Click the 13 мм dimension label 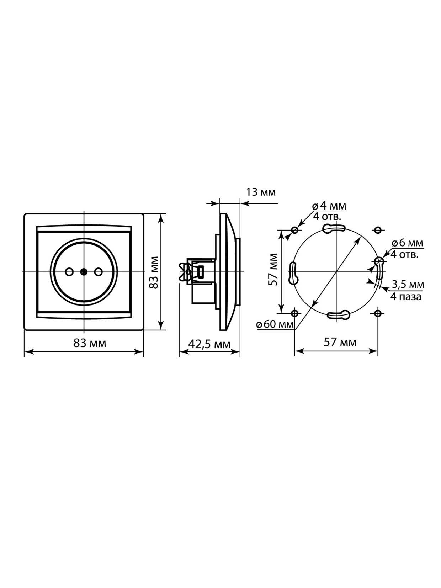point(260,192)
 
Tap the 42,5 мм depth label point(209,344)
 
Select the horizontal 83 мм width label point(90,343)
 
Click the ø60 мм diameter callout point(275,325)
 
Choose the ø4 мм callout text point(329,206)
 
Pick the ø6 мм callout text point(407,243)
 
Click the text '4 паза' point(406,297)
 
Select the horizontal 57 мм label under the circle point(340,342)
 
